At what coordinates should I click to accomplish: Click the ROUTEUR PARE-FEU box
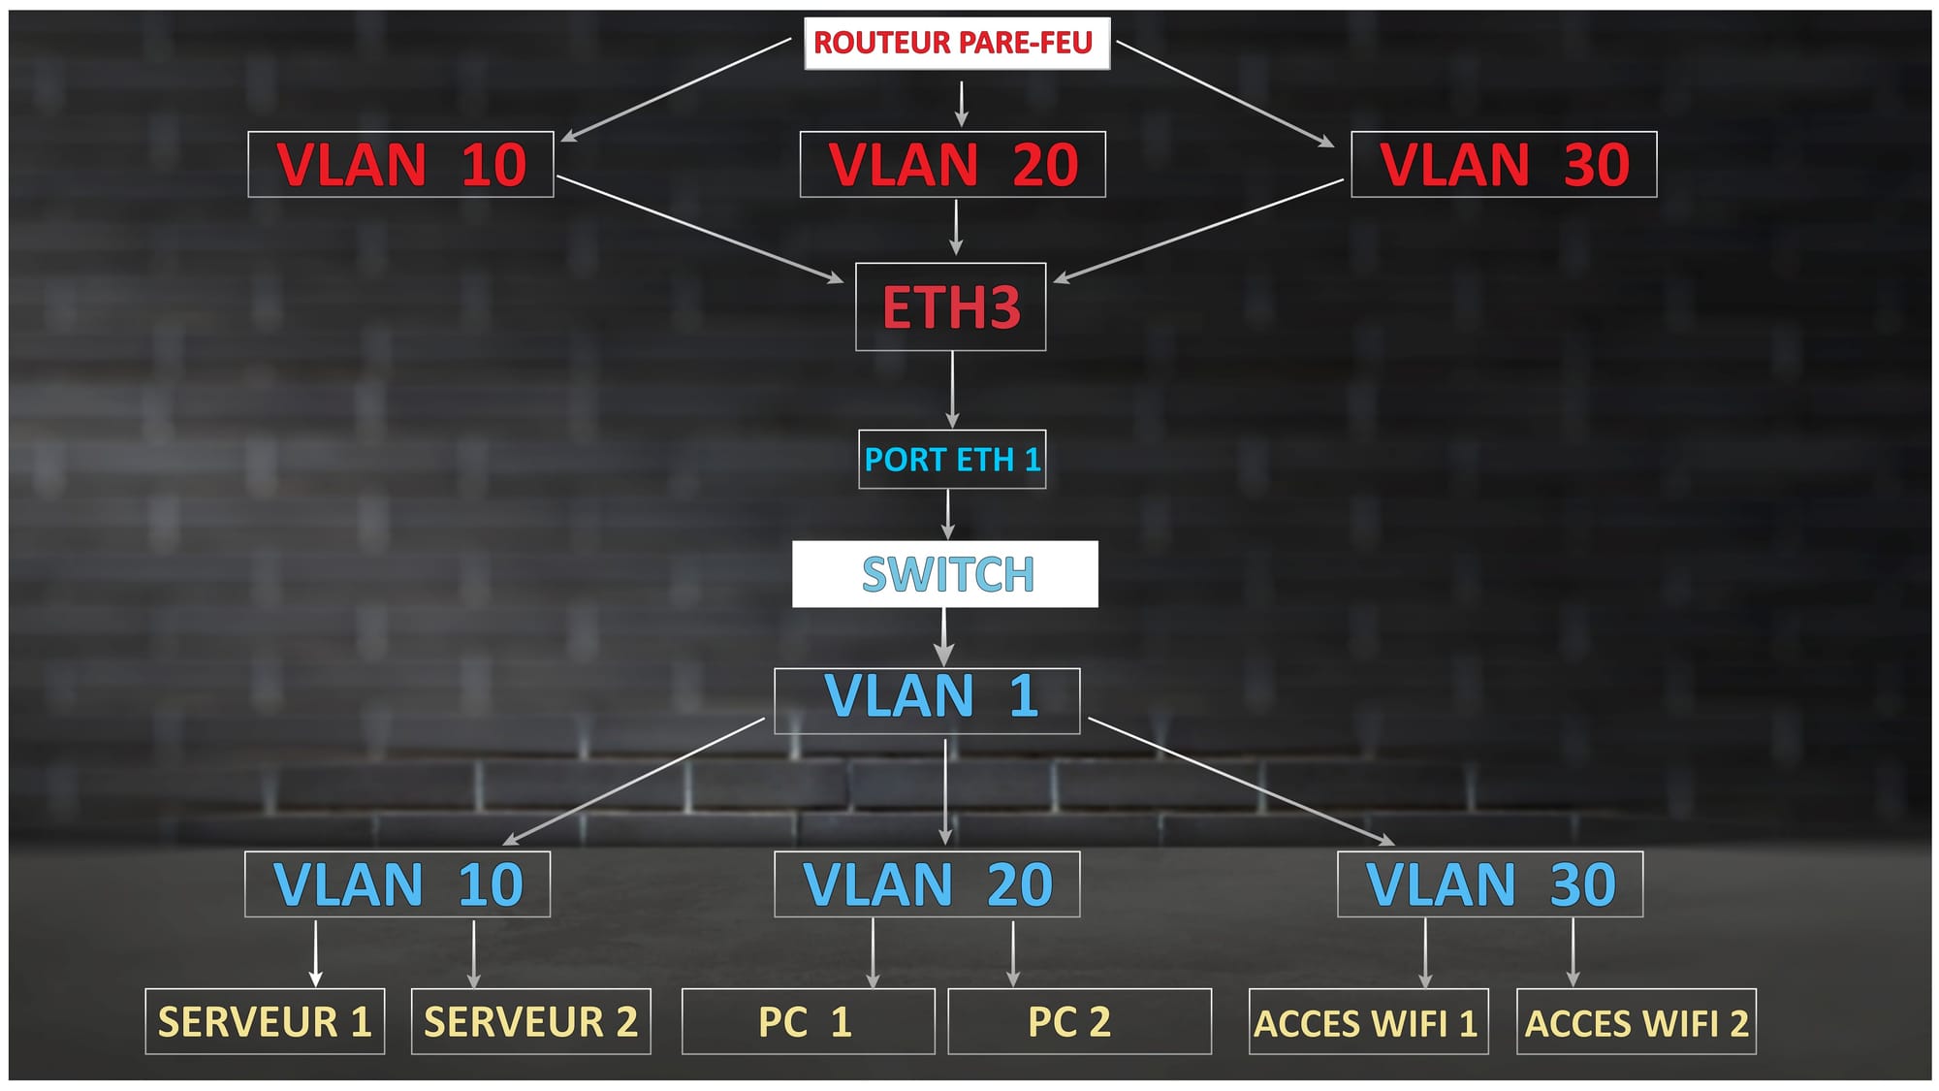pyautogui.click(x=956, y=44)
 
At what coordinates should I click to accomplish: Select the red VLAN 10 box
pyautogui.click(x=400, y=165)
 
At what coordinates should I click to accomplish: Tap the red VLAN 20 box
pyautogui.click(x=952, y=165)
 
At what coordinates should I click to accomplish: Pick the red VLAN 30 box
pyautogui.click(x=1504, y=165)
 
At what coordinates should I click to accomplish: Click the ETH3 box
pyautogui.click(x=950, y=306)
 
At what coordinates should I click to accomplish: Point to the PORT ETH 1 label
pyautogui.click(x=952, y=459)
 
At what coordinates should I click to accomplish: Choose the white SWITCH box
pyautogui.click(x=945, y=574)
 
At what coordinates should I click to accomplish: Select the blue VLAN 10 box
pyautogui.click(x=397, y=884)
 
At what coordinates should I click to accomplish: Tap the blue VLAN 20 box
pyautogui.click(x=927, y=884)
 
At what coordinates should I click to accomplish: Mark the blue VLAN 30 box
pyautogui.click(x=1490, y=884)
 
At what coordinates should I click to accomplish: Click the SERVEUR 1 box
pyautogui.click(x=265, y=1021)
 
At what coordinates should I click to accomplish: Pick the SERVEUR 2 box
pyautogui.click(x=530, y=1021)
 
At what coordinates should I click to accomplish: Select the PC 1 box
pyautogui.click(x=808, y=1021)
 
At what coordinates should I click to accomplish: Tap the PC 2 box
pyautogui.click(x=1079, y=1021)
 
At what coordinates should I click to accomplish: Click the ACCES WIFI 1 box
pyautogui.click(x=1368, y=1022)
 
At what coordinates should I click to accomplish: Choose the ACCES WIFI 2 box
pyautogui.click(x=1636, y=1022)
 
